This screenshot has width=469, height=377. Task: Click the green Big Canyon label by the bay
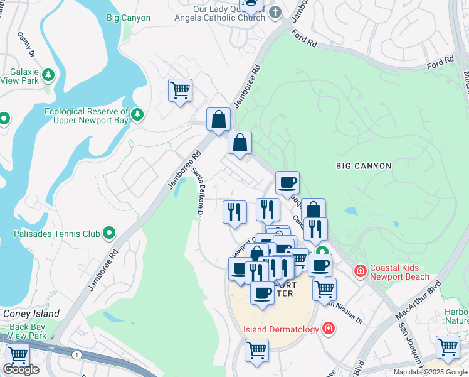(x=129, y=18)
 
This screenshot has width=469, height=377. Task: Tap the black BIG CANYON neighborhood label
(x=364, y=166)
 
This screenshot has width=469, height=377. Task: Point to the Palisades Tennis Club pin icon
(x=109, y=234)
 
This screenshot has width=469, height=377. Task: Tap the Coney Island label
(x=31, y=314)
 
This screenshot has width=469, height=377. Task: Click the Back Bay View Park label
(x=28, y=331)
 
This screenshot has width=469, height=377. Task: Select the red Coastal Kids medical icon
(x=360, y=271)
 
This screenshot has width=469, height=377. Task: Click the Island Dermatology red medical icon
(x=327, y=327)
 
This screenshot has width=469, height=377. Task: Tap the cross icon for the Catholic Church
(x=275, y=11)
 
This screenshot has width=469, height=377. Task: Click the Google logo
(x=21, y=369)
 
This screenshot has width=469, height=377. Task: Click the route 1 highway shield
(x=76, y=355)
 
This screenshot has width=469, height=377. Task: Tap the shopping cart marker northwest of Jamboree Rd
(x=180, y=90)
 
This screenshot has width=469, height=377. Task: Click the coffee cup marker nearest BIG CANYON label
(x=287, y=183)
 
